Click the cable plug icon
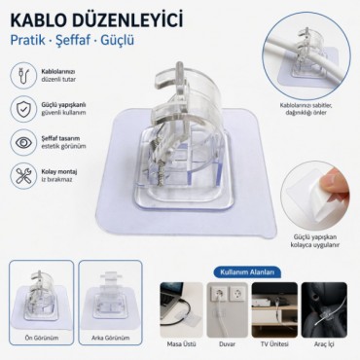point(24,76)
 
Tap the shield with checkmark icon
point(24,109)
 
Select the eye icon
point(24,142)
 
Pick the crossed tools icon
point(24,175)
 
